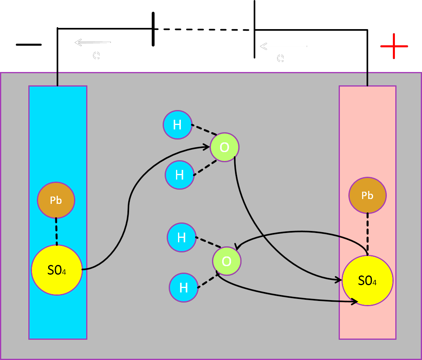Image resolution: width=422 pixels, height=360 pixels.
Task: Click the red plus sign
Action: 394,46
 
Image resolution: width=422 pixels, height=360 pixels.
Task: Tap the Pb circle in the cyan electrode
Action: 56,200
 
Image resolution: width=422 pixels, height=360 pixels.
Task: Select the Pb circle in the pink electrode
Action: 367,195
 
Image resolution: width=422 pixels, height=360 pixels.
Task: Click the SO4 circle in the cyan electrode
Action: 57,270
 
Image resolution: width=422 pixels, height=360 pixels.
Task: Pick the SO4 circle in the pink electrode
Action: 367,280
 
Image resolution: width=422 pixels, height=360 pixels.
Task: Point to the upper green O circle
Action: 225,147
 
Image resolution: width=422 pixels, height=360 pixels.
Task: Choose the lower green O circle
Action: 227,261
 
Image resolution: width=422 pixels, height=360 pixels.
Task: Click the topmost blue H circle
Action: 178,125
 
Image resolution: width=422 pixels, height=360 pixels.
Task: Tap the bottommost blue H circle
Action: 184,288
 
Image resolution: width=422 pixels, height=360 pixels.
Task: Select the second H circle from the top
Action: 180,175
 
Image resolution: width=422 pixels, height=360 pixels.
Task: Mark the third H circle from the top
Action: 182,237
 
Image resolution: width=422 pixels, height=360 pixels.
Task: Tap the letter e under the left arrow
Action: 96,55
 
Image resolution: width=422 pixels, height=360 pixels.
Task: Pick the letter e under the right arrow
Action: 280,58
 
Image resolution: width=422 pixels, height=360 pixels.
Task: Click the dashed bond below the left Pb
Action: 56,231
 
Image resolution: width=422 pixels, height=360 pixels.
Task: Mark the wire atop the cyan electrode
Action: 57,79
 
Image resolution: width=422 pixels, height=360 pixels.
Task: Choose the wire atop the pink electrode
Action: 367,79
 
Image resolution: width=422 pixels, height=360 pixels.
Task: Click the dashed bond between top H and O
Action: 204,129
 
